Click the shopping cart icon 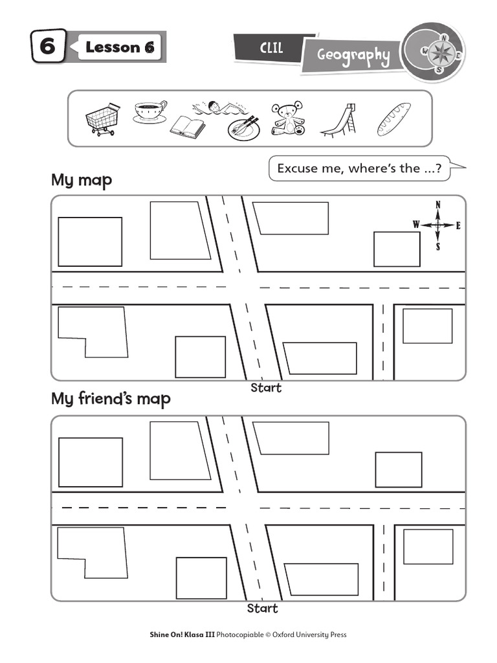click(x=102, y=119)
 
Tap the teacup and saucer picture click(x=150, y=111)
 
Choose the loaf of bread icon click(x=393, y=119)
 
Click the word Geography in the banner click(x=353, y=56)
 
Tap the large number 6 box click(x=48, y=47)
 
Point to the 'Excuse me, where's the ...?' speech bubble click(x=360, y=168)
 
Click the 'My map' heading click(x=82, y=180)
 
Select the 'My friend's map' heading click(x=111, y=399)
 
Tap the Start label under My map click(x=266, y=388)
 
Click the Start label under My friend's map click(x=263, y=609)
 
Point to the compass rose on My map click(x=438, y=225)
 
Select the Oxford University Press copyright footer click(x=248, y=635)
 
